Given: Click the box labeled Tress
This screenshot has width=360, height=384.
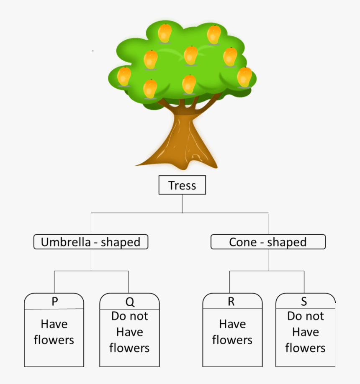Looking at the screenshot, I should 182,185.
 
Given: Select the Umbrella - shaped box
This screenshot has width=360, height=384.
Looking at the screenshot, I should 91,242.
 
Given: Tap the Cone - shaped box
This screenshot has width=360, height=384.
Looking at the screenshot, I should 268,242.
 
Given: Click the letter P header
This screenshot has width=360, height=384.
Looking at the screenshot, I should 54,302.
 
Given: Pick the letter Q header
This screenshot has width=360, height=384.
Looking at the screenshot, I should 129,302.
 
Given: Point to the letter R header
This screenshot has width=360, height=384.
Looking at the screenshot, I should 231,302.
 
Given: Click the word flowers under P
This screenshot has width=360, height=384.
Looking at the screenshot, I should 54,340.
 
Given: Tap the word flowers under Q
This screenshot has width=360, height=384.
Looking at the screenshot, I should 129,348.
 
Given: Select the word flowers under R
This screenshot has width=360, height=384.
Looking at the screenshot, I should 232,340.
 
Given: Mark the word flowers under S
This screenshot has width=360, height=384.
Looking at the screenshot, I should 305,348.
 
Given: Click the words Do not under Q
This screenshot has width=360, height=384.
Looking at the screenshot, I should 129,316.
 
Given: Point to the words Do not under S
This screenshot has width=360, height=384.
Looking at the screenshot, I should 305,316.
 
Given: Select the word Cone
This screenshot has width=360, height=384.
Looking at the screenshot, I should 242,242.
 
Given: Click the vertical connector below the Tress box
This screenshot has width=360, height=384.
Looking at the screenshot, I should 182,204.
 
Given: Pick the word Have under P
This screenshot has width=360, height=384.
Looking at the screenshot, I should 54,324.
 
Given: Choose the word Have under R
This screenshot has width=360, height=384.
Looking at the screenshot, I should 232,324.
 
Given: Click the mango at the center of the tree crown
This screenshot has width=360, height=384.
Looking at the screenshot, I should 190,55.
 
